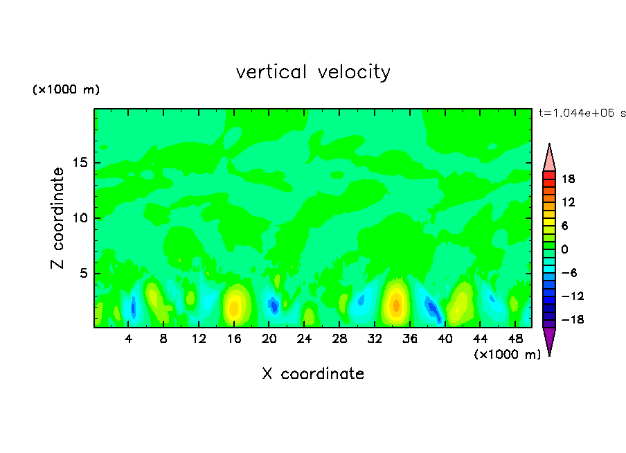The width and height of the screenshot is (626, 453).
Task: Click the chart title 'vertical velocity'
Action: pyautogui.click(x=313, y=72)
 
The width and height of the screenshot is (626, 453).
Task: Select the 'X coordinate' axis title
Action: pyautogui.click(x=313, y=374)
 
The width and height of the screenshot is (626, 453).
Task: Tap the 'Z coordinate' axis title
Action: pyautogui.click(x=58, y=218)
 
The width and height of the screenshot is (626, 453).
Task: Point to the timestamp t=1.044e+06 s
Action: pyautogui.click(x=582, y=113)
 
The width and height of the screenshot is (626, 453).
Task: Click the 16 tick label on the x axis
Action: pyautogui.click(x=235, y=339)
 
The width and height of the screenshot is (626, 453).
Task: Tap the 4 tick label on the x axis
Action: pyautogui.click(x=129, y=339)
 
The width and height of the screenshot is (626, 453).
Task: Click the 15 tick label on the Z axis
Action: pyautogui.click(x=81, y=163)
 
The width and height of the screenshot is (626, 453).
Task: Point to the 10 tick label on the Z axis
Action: pyautogui.click(x=81, y=218)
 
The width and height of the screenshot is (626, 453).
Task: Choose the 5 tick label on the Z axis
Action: pyautogui.click(x=84, y=273)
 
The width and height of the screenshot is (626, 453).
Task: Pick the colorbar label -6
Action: pyautogui.click(x=569, y=273)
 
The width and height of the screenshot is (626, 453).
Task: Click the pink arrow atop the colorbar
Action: pyautogui.click(x=549, y=158)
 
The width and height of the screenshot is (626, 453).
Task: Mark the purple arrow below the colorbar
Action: pyautogui.click(x=549, y=340)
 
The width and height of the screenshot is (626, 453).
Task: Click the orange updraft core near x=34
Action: pyautogui.click(x=396, y=304)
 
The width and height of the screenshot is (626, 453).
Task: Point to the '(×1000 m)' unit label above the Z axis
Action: pyautogui.click(x=66, y=90)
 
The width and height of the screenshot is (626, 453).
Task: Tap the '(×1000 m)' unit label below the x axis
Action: pyautogui.click(x=508, y=355)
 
